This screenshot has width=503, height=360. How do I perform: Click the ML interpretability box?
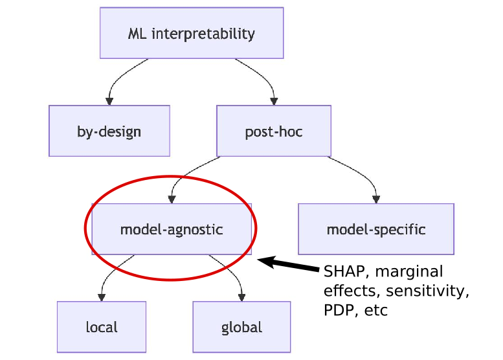coord(192,33)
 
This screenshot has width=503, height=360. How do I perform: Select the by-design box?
coord(109,131)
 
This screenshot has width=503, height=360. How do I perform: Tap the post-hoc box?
coord(273,131)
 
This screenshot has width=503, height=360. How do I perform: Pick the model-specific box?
coord(375,229)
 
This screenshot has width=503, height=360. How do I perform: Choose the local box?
coord(102,327)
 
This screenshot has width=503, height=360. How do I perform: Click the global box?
coord(241,327)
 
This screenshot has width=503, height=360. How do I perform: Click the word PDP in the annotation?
coord(337,310)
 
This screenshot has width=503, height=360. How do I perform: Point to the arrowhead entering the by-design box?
coord(109,101)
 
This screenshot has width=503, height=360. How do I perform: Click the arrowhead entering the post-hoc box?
coord(274,101)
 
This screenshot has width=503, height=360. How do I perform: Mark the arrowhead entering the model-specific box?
coord(376,199)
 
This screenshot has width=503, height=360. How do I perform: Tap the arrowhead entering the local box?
coord(102,297)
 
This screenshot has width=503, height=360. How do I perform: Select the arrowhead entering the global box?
coord(241,297)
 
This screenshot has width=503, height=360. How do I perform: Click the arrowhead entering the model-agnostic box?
coord(172,199)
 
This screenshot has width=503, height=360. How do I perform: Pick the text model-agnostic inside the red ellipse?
coord(172,229)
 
